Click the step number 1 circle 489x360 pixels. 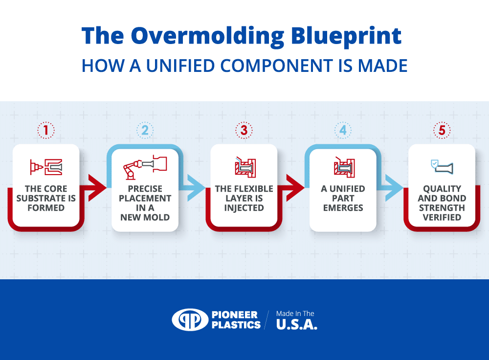[46, 130]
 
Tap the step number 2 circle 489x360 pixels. [145, 130]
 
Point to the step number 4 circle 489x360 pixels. [343, 130]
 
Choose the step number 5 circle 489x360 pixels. [442, 130]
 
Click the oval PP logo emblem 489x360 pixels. [190, 319]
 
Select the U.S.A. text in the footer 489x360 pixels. [296, 325]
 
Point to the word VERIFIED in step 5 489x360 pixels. [442, 217]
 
